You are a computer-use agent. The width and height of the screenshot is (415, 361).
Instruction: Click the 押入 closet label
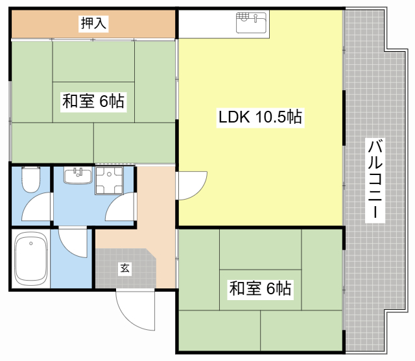point(93,23)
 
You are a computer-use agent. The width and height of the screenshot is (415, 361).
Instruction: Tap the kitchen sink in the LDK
point(251,23)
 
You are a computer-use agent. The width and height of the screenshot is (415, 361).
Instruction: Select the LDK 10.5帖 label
point(260,117)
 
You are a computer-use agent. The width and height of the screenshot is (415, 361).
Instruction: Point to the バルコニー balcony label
point(375,180)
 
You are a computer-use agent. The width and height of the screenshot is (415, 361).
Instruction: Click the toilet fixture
point(31,180)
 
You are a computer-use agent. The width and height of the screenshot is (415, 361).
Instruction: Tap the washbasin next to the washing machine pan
point(78,176)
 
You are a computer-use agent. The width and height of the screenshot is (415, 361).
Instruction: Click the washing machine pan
point(109,180)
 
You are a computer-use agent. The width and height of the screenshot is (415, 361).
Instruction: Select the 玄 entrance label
point(125,269)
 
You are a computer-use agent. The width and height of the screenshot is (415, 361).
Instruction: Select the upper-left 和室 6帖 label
point(93,101)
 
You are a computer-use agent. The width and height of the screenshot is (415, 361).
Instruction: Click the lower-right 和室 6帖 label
point(260,288)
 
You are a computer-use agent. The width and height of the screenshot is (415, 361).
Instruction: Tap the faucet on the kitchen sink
point(255,18)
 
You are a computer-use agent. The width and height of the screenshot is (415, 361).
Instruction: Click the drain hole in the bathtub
point(31,243)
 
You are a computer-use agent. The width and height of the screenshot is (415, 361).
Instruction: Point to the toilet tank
point(31,168)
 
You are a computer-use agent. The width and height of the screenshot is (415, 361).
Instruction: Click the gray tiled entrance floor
point(124,268)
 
